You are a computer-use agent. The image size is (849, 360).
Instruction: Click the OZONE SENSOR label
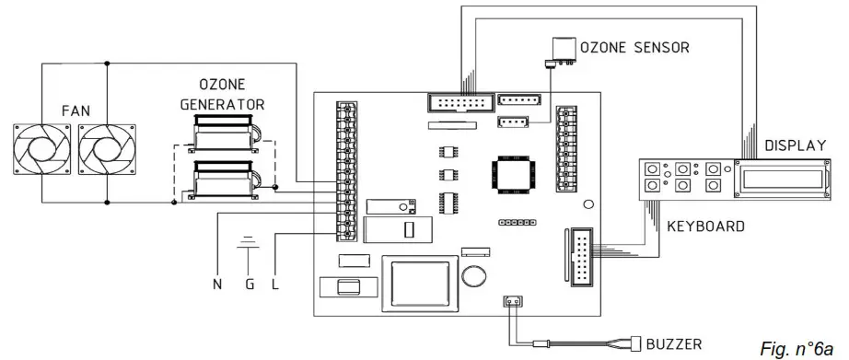point(634,48)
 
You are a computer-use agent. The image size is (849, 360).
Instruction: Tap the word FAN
point(76,111)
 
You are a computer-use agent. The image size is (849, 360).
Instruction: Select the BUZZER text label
point(673,343)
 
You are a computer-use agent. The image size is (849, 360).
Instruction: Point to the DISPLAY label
point(795,145)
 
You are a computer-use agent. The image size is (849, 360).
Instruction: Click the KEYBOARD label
point(705,226)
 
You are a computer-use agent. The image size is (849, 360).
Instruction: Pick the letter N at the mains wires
point(217,285)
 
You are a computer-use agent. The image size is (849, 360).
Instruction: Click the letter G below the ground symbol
point(249,285)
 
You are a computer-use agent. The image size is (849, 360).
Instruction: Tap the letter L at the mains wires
point(275,285)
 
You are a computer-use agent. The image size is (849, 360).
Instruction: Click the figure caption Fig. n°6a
point(796,348)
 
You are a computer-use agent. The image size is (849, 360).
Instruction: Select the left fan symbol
point(41,149)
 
